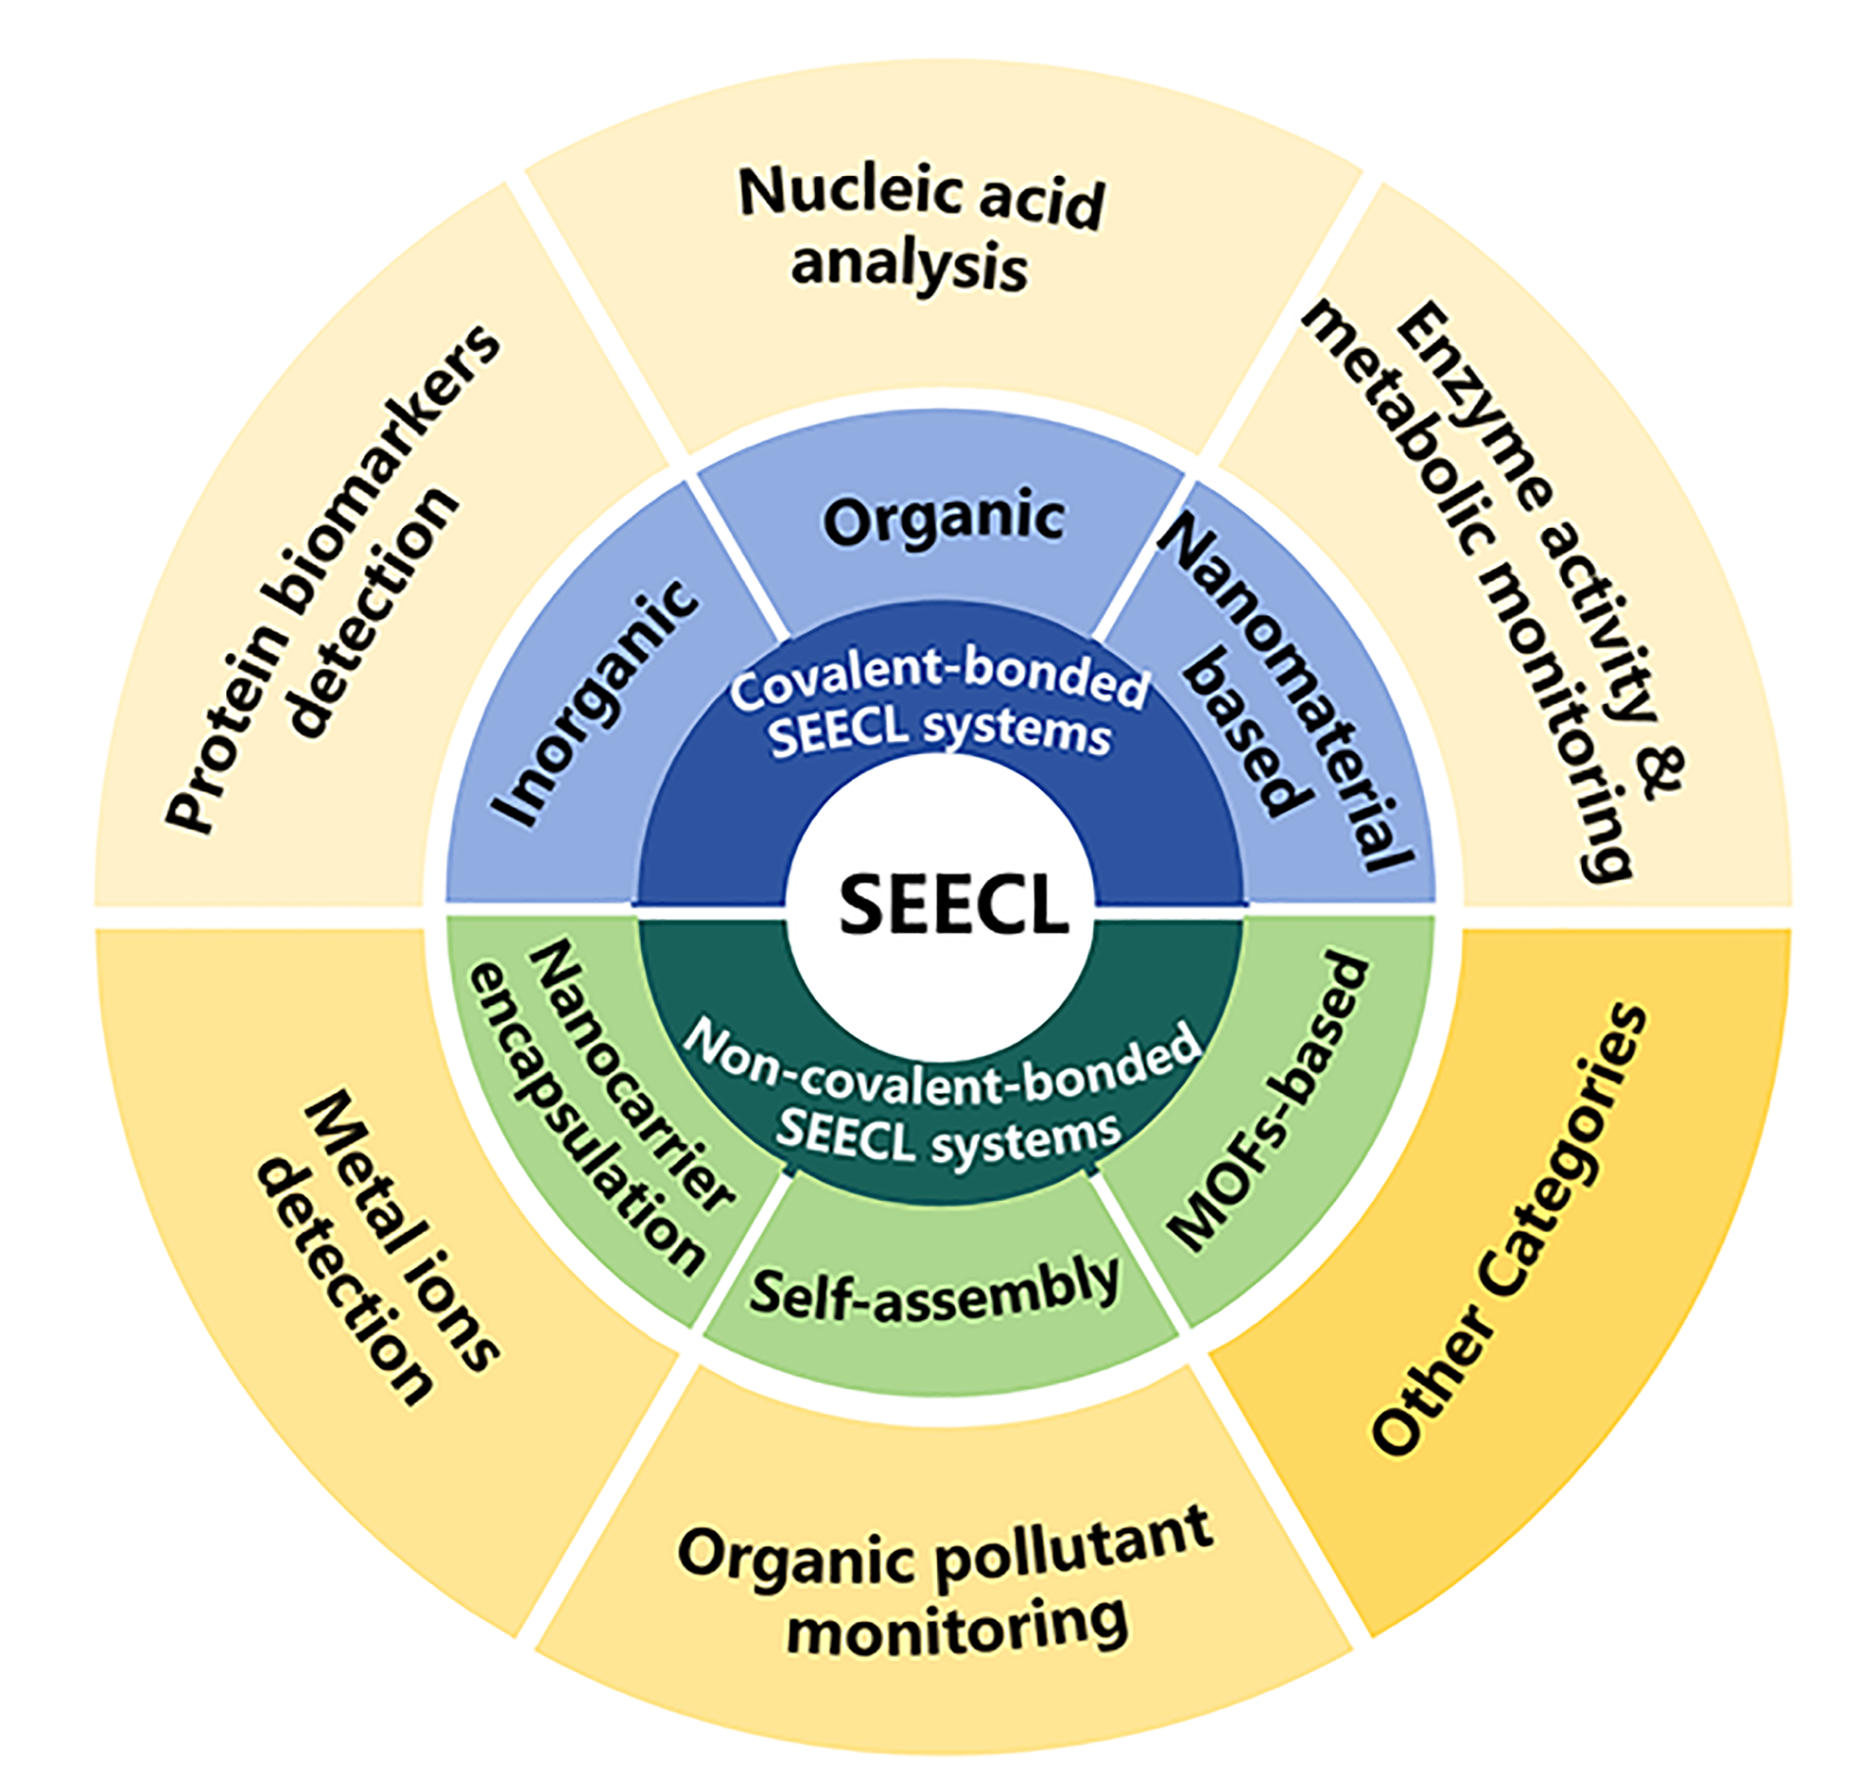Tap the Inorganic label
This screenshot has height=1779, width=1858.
pos(596,703)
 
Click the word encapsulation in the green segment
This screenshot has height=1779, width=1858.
pos(586,1120)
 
